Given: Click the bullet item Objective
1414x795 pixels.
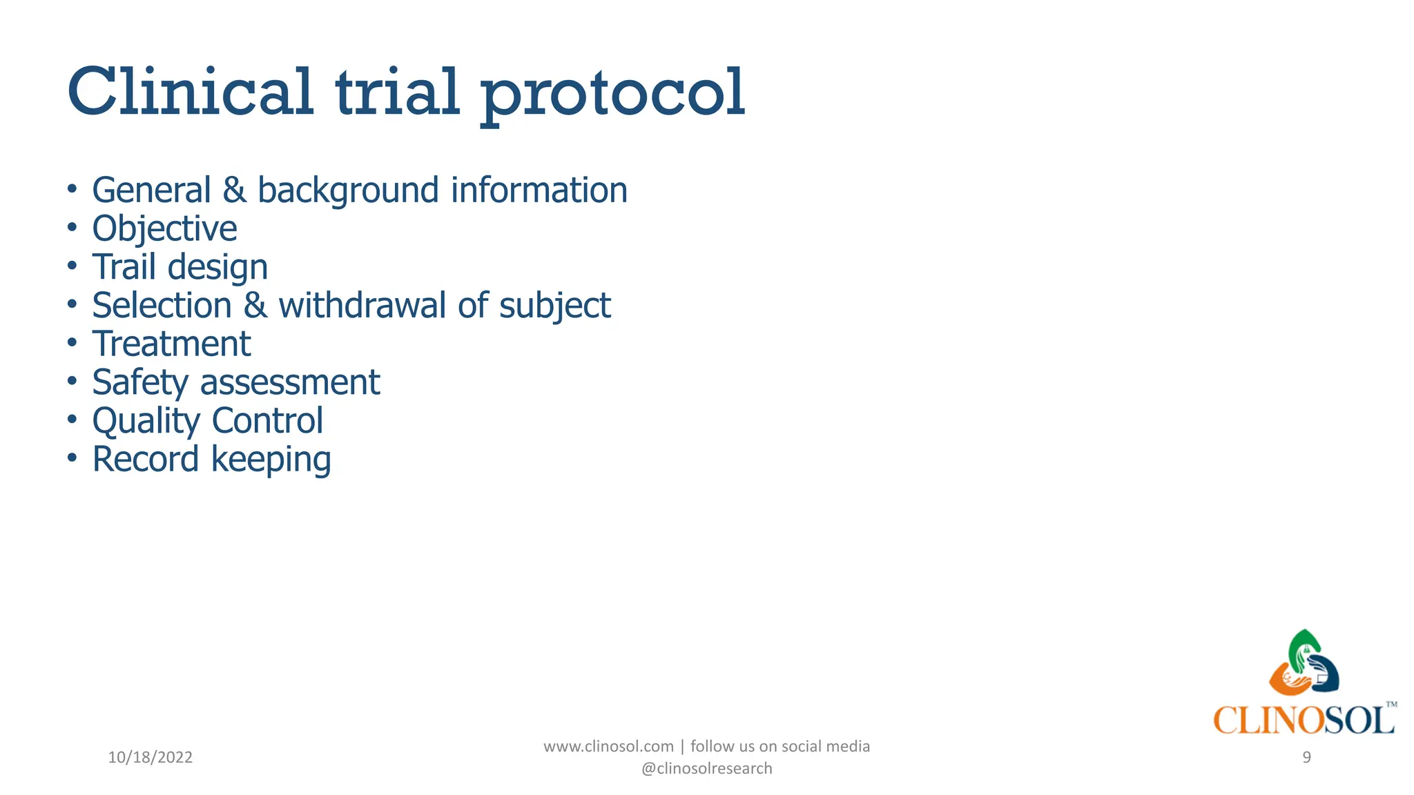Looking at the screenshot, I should pos(164,229).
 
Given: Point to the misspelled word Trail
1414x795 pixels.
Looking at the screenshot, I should pos(124,267).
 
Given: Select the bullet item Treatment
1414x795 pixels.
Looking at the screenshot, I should pos(171,344).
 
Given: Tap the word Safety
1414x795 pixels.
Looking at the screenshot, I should pos(140,383).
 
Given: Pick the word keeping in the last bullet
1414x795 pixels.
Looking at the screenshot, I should pos(271,460).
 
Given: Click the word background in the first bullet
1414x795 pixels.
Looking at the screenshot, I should pos(348,190).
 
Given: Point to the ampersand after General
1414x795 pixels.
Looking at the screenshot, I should pos(235,190).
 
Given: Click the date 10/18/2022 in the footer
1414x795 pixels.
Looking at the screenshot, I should pos(150,758).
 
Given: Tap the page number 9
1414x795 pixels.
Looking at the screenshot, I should pos(1306,758).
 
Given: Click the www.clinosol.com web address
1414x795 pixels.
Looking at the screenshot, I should pos(608,747).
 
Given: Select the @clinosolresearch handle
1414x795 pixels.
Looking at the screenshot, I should pos(706,769).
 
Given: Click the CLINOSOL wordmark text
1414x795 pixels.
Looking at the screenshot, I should pos(1302,720).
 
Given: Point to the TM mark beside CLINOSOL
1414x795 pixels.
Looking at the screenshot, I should pos(1391,705).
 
